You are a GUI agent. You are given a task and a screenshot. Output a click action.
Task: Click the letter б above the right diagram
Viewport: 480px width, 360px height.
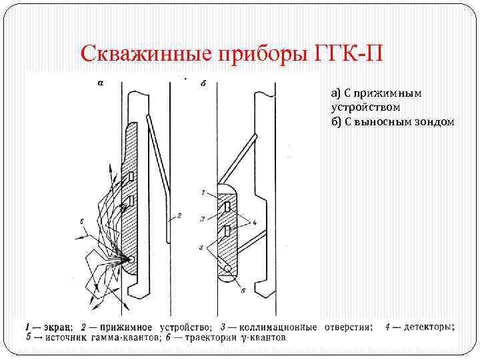coord(203,83)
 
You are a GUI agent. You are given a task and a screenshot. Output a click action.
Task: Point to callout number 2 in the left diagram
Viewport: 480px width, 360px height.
coord(179,216)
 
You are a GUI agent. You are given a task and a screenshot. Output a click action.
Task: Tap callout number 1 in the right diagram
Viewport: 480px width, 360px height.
coord(203,193)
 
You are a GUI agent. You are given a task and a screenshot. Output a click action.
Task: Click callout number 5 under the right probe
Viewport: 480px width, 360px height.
coord(243,291)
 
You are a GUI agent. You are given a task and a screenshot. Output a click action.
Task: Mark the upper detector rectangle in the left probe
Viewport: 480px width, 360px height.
coord(132,176)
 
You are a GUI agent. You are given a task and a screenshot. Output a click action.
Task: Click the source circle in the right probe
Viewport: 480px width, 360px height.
coord(229,268)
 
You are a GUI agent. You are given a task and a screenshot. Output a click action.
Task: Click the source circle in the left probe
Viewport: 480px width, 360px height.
coord(131,259)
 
